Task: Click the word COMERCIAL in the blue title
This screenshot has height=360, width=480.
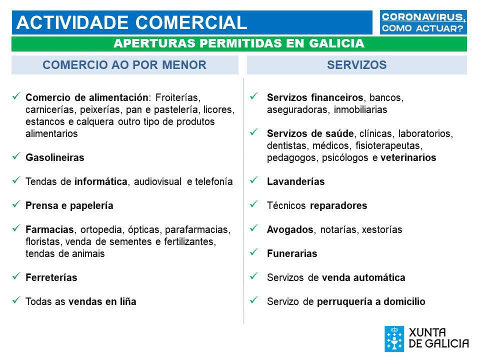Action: coord(191,22)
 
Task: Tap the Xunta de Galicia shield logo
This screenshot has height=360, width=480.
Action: coord(394,338)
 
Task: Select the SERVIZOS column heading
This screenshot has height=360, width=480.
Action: coord(356,65)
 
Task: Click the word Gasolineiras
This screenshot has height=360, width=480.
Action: coord(55,157)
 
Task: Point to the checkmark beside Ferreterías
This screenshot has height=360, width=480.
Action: coord(16,276)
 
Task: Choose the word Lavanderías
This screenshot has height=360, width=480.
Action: coord(295,181)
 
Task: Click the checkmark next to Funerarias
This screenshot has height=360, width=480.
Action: coord(254,252)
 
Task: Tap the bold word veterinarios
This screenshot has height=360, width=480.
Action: coord(408,157)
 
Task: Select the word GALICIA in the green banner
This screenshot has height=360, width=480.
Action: coord(336,43)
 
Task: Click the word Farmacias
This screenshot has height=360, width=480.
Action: coord(50,229)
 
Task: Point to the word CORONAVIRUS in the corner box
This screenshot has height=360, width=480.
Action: coord(423,17)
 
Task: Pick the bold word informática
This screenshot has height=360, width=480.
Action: coord(101,181)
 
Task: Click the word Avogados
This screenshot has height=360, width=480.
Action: coord(290,229)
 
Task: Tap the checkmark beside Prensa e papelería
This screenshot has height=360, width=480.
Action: coord(16,204)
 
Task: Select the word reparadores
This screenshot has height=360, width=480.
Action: coord(338,205)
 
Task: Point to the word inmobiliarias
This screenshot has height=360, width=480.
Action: coord(360,109)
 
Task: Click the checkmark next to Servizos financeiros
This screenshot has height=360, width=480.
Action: coord(254,96)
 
